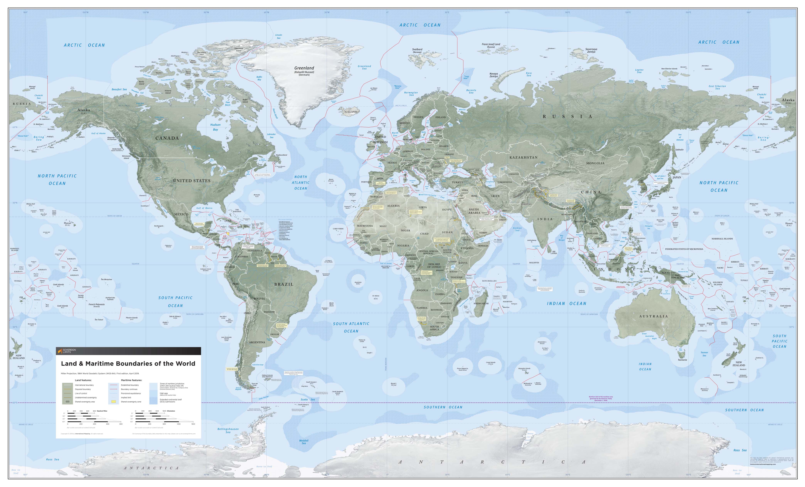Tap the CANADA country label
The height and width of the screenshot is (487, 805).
(x=167, y=138)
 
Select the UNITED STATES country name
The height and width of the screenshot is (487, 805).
(x=192, y=181)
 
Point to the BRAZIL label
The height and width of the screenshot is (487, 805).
(x=284, y=284)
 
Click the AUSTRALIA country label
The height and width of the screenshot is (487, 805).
(x=653, y=316)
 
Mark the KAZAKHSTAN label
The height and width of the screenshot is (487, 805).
(x=523, y=157)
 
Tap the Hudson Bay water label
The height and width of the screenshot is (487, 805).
(x=215, y=127)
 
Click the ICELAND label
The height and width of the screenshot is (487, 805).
(x=351, y=112)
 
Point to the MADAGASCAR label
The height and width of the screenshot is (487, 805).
(x=481, y=304)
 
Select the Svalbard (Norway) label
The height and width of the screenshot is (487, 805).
(x=417, y=51)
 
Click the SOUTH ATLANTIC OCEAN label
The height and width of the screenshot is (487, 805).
(x=351, y=327)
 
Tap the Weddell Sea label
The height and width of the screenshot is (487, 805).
(x=304, y=442)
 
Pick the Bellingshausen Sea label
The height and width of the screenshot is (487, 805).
(x=228, y=431)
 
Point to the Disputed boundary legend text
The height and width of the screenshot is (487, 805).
(x=83, y=389)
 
